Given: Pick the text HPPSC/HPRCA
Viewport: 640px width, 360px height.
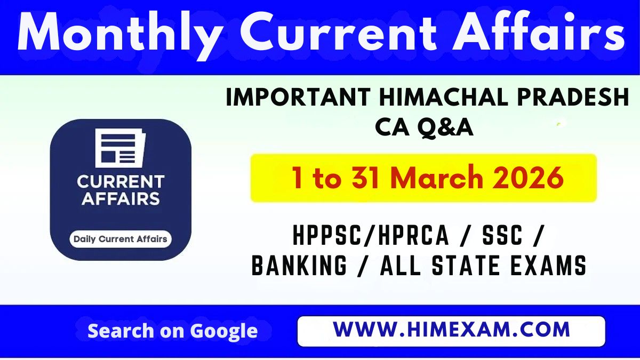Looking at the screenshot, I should (371, 236).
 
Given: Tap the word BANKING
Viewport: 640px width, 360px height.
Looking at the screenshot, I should (299, 266).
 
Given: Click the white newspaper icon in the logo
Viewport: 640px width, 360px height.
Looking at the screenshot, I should (119, 148).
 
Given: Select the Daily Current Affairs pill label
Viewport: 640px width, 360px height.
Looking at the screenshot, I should (120, 239).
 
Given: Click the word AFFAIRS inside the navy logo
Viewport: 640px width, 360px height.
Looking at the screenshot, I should (120, 199).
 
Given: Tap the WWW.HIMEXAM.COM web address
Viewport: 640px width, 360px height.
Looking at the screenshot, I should (451, 330).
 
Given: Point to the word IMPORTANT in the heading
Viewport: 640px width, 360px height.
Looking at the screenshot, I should (298, 99).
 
